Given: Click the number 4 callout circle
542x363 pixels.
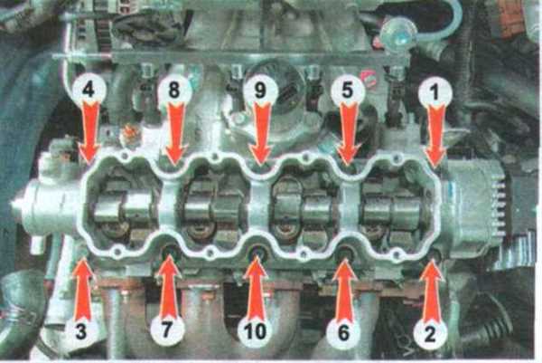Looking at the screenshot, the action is [x=89, y=90].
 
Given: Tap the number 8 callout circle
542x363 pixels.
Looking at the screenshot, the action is [x=174, y=90].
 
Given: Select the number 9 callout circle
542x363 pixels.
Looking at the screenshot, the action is [x=260, y=90].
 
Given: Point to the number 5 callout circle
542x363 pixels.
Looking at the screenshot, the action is [x=348, y=90].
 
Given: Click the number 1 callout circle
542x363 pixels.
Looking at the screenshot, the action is [x=435, y=91].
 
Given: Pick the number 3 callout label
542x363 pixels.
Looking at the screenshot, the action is [x=81, y=331].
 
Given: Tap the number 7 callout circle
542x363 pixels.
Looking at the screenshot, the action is [x=167, y=330].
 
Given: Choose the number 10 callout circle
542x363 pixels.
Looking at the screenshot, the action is [x=256, y=330].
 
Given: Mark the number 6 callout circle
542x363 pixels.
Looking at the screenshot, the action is [x=343, y=332].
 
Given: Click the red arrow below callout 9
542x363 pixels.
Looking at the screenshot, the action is [x=261, y=133].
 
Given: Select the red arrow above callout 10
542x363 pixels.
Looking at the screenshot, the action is [x=256, y=288].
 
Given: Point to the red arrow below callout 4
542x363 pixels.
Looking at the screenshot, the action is [x=89, y=133].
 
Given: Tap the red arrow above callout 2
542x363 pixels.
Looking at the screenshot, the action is [x=432, y=291].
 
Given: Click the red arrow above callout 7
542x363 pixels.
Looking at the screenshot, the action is [x=168, y=286].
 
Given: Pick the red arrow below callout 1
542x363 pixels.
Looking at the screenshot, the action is [x=435, y=136].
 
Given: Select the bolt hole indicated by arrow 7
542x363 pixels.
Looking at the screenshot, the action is [x=171, y=253].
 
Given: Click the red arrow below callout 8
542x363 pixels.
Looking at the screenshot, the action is [x=175, y=133].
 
